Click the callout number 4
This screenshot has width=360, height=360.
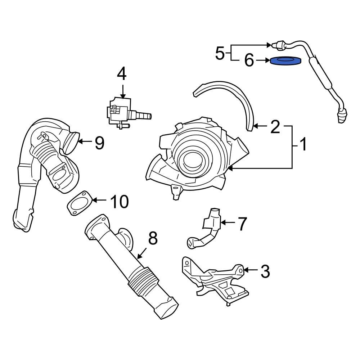122,74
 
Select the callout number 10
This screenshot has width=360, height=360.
119,202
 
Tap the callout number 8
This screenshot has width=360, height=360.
153,238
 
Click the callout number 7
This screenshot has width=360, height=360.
242,224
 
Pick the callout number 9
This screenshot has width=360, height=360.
99,143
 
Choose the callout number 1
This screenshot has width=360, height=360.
303,145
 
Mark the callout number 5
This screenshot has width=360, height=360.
220,53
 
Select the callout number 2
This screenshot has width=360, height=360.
275,127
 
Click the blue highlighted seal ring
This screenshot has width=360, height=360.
286,61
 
